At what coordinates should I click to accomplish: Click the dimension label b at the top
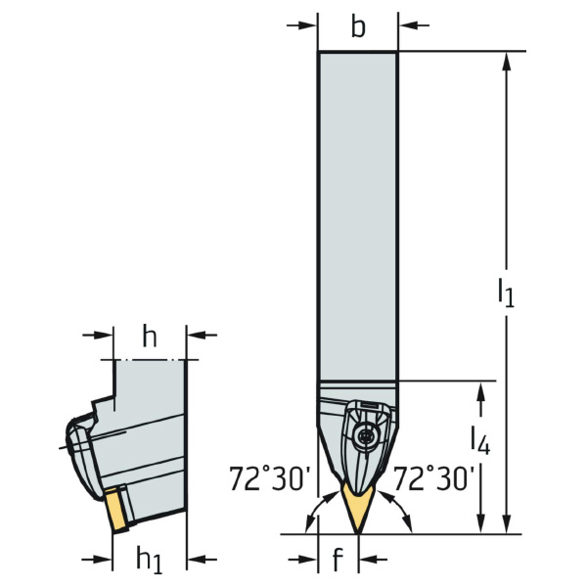pyautogui.click(x=358, y=27)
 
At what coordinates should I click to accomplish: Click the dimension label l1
pyautogui.click(x=506, y=293)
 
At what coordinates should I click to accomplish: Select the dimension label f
pyautogui.click(x=338, y=559)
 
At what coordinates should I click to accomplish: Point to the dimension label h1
pyautogui.click(x=150, y=560)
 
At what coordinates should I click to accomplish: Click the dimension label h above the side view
pyautogui.click(x=150, y=337)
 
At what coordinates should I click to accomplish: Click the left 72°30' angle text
pyautogui.click(x=270, y=478)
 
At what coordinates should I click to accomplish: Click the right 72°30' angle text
pyautogui.click(x=433, y=478)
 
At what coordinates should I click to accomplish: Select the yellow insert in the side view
pyautogui.click(x=116, y=510)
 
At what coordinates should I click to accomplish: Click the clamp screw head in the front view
pyautogui.click(x=365, y=435)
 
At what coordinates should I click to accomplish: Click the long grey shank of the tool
pyautogui.click(x=358, y=215)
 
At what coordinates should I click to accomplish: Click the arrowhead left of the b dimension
pyautogui.click(x=308, y=25)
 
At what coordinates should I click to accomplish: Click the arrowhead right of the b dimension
pyautogui.click(x=408, y=25)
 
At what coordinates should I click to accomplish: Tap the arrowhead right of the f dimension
pyautogui.click(x=369, y=560)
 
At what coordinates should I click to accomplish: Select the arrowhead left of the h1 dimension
pyautogui.click(x=103, y=560)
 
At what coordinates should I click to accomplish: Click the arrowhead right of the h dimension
pyautogui.click(x=197, y=335)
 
